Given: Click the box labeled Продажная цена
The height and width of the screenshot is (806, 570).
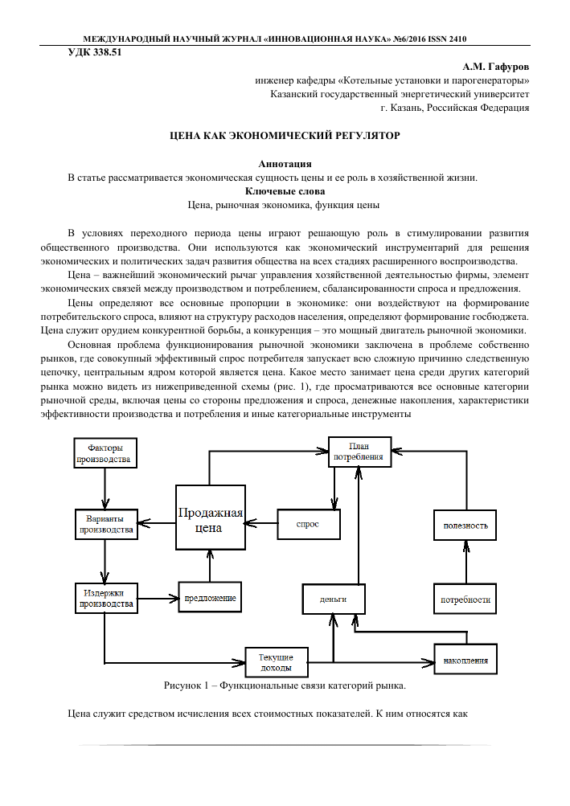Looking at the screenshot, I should (209, 518).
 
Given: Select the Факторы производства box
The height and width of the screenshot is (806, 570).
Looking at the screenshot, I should (105, 453).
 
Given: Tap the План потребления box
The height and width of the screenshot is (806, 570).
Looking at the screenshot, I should (359, 452).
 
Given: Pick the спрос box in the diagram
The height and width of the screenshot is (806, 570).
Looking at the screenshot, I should (308, 524).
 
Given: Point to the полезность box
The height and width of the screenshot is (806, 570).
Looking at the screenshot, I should (465, 525).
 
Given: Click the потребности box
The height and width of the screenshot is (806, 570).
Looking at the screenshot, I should (465, 599).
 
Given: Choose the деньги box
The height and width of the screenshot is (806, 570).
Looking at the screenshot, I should (334, 599).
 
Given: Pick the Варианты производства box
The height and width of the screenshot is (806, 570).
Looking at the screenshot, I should (105, 524).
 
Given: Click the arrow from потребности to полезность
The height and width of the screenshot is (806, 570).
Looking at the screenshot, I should (465, 562).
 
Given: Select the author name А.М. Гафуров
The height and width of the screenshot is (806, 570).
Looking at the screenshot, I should (496, 66).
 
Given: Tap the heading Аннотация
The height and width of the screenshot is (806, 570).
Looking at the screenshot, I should (285, 163).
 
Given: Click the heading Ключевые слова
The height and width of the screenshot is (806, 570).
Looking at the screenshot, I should (285, 191).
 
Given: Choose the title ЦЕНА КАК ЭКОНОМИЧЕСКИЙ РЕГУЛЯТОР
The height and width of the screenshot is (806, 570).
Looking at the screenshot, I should (285, 137).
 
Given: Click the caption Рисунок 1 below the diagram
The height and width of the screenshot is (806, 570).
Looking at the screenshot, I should (285, 685).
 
